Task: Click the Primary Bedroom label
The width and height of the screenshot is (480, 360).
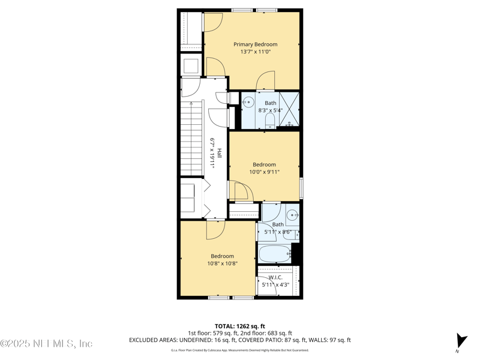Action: pos(256,44)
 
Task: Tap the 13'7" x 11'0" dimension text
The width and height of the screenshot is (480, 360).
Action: pos(256,52)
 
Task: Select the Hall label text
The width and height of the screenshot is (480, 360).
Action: pos(220,154)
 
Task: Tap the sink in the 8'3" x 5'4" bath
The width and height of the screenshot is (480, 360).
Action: pos(248,103)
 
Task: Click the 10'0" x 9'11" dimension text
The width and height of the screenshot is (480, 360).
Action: pos(264,172)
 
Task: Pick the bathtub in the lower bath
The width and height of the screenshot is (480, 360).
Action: pos(275,254)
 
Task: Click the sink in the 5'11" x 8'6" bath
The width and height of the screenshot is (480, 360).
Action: pos(292,215)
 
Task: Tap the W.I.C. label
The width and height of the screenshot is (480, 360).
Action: pos(275,277)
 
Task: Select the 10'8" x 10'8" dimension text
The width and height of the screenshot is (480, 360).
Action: pos(222,263)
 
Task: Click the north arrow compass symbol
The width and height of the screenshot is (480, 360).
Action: pos(460,341)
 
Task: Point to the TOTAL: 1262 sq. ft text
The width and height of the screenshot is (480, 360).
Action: pos(240,326)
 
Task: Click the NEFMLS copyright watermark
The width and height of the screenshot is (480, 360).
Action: pos(46,344)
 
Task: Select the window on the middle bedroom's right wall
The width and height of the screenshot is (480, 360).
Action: pos(301,188)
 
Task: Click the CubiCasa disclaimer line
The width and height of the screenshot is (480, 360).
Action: pos(240,350)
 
